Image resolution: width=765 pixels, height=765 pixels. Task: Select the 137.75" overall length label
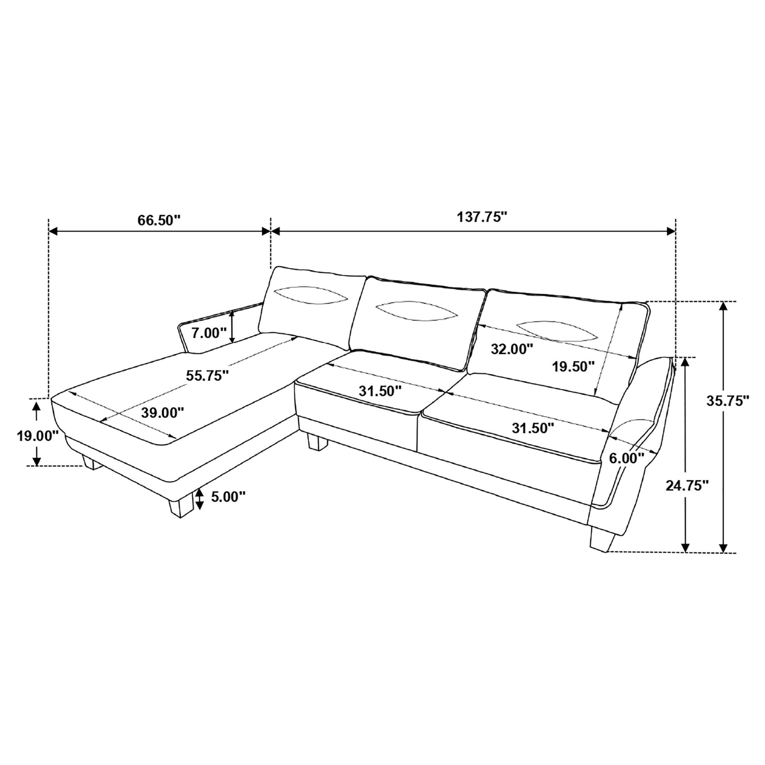(x=482, y=217)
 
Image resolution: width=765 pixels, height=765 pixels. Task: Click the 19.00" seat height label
(x=37, y=436)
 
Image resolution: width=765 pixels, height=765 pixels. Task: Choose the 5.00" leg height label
(x=228, y=497)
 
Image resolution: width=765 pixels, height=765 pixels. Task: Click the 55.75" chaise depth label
(x=208, y=375)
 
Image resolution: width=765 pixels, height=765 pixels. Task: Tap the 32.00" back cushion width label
(x=511, y=349)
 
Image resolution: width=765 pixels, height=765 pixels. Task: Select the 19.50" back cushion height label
(x=573, y=366)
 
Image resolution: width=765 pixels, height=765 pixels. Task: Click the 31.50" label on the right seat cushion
(x=533, y=428)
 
